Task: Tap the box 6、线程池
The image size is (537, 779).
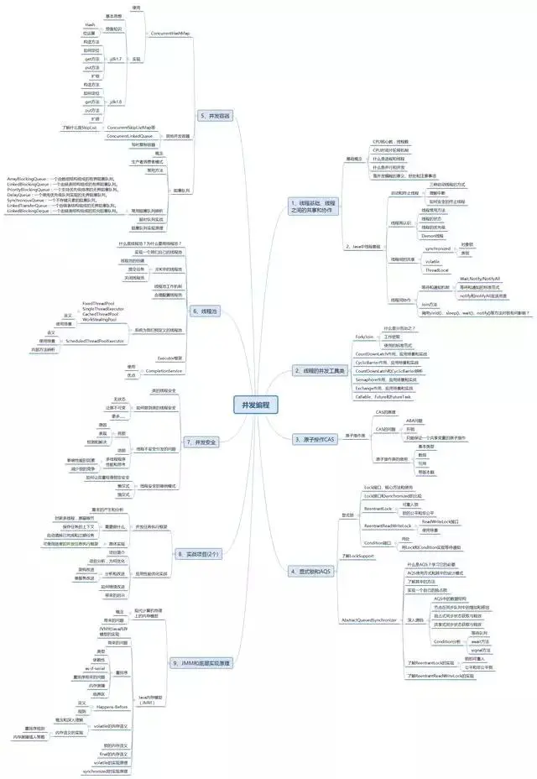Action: pos(205,311)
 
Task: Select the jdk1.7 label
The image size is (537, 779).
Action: pos(115,60)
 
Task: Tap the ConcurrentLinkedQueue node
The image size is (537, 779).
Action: pos(130,135)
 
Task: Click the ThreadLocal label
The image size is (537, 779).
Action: pos(437,270)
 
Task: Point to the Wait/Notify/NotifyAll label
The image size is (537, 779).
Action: pos(479,278)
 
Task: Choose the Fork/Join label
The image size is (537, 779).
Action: pos(364,336)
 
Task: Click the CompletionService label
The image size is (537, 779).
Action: pos(164,370)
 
